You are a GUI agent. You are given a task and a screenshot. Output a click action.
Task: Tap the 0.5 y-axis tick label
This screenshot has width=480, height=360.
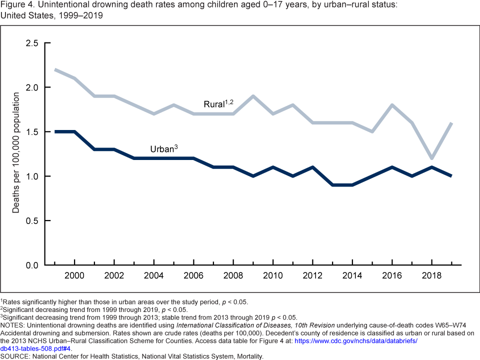pyautogui.click(x=32, y=220)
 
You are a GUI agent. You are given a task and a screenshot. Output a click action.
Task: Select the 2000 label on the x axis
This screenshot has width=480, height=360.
pyautogui.click(x=74, y=275)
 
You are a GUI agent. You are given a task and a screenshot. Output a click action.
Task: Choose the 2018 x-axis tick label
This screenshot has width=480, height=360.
pyautogui.click(x=431, y=275)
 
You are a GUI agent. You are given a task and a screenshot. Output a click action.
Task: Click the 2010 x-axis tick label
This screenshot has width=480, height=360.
pyautogui.click(x=273, y=275)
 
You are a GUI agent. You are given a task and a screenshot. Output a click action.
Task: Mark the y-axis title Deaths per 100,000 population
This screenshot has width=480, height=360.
pyautogui.click(x=16, y=153)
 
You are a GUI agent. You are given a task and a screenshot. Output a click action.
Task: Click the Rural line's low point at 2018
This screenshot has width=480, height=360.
pyautogui.click(x=432, y=158)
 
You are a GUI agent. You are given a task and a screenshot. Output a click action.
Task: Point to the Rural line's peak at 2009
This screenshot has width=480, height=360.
pyautogui.click(x=253, y=96)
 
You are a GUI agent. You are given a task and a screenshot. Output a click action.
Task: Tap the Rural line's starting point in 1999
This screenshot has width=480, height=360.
pyautogui.click(x=55, y=69)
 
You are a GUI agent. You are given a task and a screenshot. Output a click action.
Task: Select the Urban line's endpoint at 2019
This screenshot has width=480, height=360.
pyautogui.click(x=451, y=176)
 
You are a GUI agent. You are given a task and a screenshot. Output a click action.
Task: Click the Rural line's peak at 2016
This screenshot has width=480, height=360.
pyautogui.click(x=392, y=105)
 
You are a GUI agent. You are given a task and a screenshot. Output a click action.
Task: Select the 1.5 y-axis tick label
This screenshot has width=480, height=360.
pyautogui.click(x=32, y=131)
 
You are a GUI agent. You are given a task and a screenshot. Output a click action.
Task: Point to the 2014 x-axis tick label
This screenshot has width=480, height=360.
pyautogui.click(x=352, y=275)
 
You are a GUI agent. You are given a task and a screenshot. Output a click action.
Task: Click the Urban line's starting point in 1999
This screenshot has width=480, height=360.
pyautogui.click(x=55, y=131)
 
